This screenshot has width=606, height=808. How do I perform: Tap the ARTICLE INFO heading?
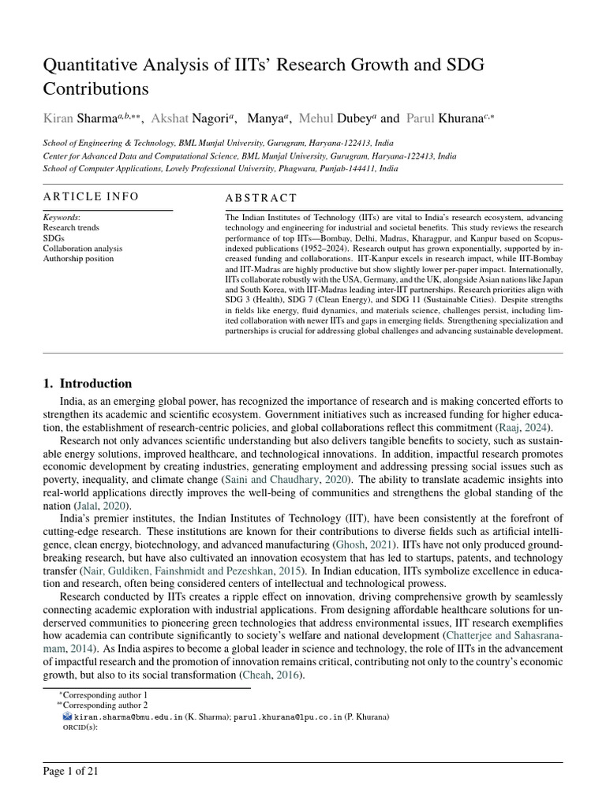pos(91,196)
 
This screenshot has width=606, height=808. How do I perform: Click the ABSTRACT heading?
pos(261,198)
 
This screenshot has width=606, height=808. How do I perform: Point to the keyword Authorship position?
pos(78,258)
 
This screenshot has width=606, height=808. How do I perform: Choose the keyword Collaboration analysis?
pos(82,248)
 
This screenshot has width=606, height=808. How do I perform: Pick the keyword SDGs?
pos(54,238)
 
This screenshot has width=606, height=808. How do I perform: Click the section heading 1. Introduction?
pos(88,383)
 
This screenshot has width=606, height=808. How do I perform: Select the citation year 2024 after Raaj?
pos(537,428)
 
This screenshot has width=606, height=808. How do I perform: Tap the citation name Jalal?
pos(86,505)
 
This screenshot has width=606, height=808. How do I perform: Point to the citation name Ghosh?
pos(352,545)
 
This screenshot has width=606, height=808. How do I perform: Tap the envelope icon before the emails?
pos(67,717)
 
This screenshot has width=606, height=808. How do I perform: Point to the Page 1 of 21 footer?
pos(71,771)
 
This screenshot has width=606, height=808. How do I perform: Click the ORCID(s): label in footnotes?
pos(80,728)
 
